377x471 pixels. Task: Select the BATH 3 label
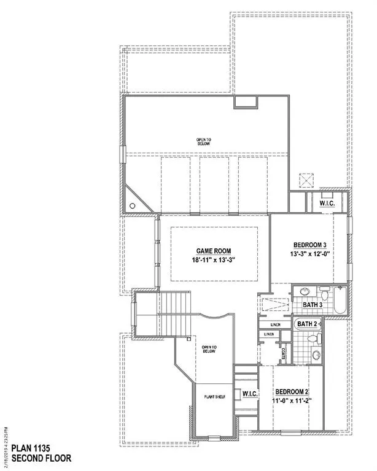(313, 304)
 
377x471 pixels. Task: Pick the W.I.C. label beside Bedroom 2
(249, 392)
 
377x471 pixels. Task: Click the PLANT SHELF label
(214, 397)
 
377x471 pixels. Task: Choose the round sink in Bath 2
(316, 354)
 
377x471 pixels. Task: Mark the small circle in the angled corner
(132, 206)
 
